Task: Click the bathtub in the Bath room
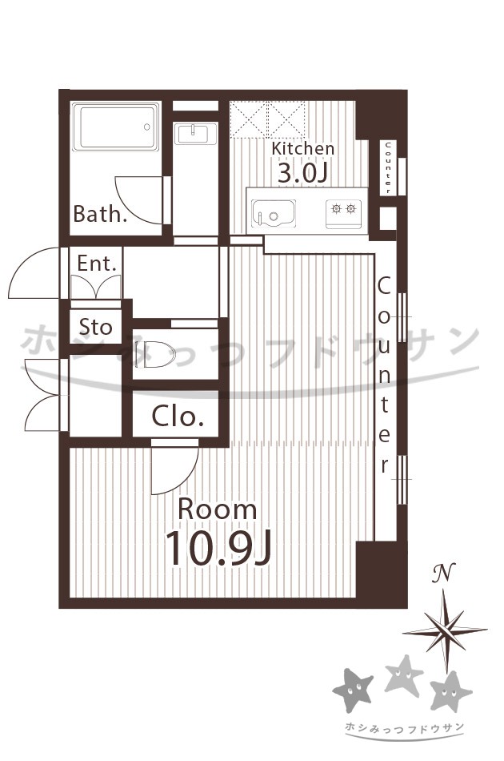click(x=115, y=127)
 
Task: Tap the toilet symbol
click(x=155, y=353)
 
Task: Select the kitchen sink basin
click(x=274, y=214)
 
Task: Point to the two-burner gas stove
click(x=343, y=213)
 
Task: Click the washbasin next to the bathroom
click(x=196, y=134)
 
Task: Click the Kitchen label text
click(x=303, y=148)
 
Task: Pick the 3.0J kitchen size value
click(x=303, y=173)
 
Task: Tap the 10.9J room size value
click(x=218, y=549)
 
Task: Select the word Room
click(x=218, y=509)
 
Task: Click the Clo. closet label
click(x=178, y=416)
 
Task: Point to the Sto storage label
click(x=95, y=327)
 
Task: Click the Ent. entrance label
click(x=97, y=264)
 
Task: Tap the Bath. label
click(x=100, y=214)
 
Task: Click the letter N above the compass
click(x=444, y=574)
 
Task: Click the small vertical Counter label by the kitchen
click(x=388, y=167)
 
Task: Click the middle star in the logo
click(x=404, y=674)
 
